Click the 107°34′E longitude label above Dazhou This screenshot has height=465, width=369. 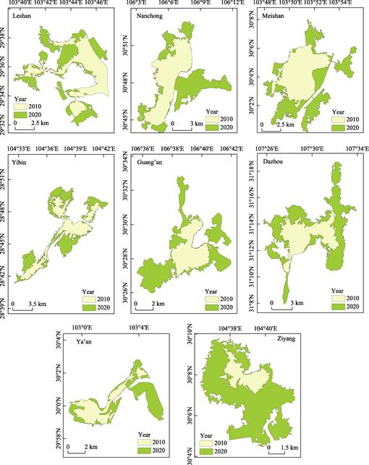click(x=350, y=149)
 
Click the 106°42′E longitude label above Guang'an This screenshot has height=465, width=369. click(x=230, y=149)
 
